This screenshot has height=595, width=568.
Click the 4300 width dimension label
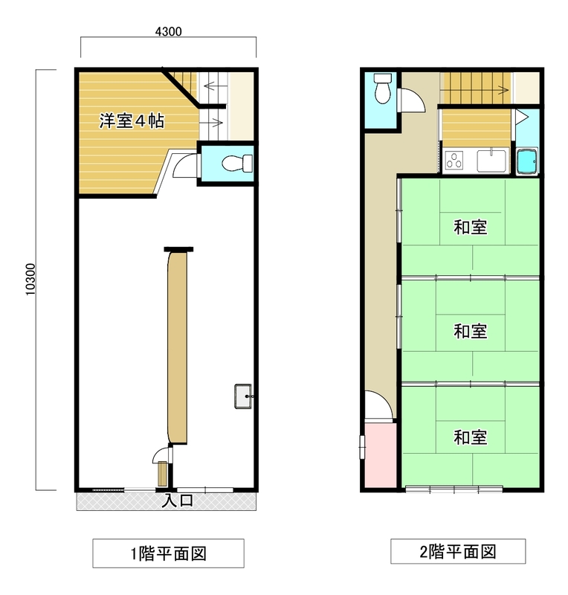tap(168, 31)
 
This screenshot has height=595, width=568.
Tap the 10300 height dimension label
tap(30, 280)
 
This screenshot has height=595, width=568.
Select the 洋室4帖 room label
tap(132, 120)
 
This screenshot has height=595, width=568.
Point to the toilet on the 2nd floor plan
tap(382, 89)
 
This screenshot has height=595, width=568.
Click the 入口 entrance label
tap(178, 501)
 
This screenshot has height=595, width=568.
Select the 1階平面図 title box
tap(168, 553)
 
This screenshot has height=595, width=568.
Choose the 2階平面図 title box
tap(458, 551)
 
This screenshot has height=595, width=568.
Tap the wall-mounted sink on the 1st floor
tap(243, 396)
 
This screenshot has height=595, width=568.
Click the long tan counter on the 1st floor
tap(177, 347)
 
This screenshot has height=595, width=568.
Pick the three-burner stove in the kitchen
tap(454, 160)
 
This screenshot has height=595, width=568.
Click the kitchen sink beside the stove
tap(491, 161)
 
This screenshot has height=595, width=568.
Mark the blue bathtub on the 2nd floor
tap(527, 161)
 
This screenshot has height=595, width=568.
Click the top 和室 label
tap(471, 228)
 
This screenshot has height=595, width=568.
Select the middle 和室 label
tap(471, 331)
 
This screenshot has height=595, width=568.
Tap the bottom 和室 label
tap(471, 437)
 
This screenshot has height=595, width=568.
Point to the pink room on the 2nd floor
tap(381, 455)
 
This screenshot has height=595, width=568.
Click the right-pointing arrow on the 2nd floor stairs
tap(503, 90)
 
